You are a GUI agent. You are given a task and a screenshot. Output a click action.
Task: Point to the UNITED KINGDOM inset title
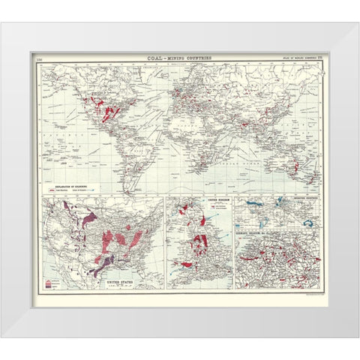click(199, 200)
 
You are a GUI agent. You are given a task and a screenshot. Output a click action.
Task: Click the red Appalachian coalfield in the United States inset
click(135, 239)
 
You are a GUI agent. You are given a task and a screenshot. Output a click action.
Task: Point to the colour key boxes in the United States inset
click(51, 283)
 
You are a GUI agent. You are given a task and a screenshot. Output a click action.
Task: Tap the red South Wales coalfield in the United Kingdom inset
click(186, 262)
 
